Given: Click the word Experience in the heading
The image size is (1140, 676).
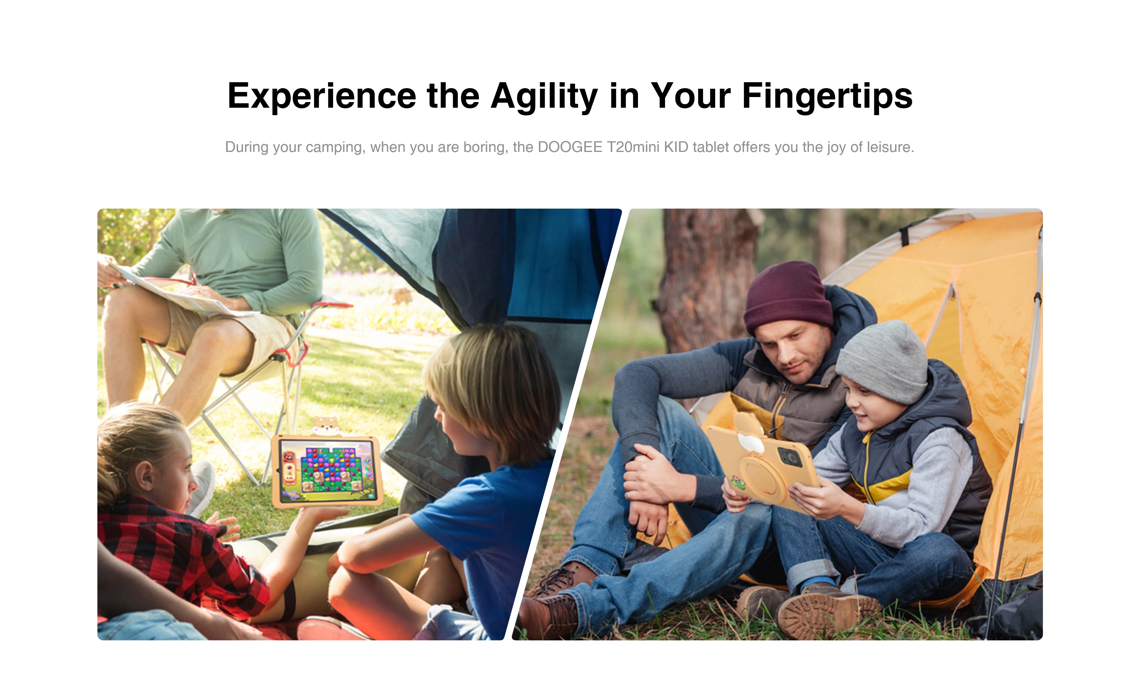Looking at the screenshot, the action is [322, 96].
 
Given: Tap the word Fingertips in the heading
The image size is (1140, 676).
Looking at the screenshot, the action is [827, 96].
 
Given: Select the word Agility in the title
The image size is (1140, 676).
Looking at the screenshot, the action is [544, 96].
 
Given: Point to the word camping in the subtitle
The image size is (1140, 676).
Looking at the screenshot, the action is [335, 147].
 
